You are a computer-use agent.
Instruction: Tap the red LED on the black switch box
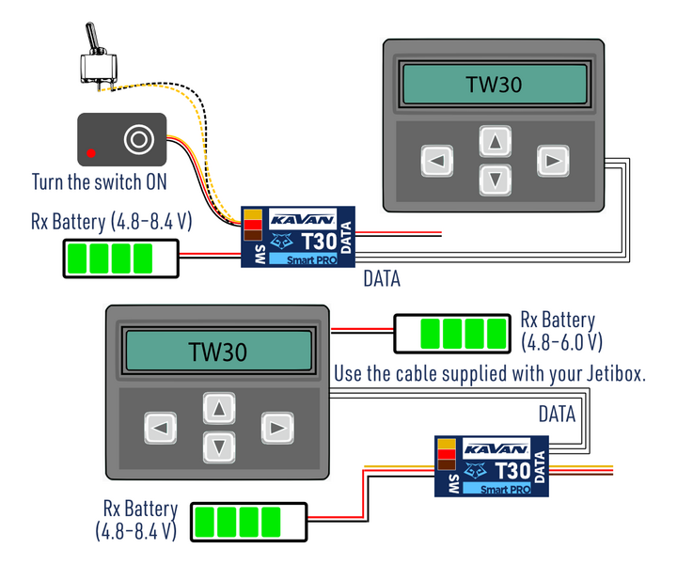(91, 152)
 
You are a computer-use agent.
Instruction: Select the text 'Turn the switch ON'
(100, 182)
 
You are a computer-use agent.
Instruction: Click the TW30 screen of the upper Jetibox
(494, 86)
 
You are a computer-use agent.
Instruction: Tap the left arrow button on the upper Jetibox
(435, 161)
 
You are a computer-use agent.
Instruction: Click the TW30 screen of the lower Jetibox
(217, 352)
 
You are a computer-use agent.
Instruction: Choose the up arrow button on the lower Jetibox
(218, 410)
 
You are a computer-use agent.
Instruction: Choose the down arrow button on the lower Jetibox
(218, 446)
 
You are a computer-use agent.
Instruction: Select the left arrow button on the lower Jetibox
(160, 429)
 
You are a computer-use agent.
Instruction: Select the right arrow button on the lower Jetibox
(276, 429)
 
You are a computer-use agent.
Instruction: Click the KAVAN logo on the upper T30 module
(299, 219)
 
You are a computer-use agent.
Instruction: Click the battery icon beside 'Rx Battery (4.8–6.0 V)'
(452, 334)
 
